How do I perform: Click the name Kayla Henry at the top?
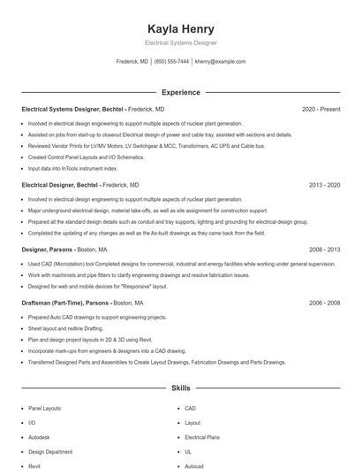pos(180,28)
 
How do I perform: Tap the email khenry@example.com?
pos(220,62)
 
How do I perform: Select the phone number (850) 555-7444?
pos(171,62)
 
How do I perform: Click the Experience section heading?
pos(180,92)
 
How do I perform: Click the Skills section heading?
pos(180,388)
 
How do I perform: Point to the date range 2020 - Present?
pos(321,110)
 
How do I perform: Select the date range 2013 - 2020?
pos(324,186)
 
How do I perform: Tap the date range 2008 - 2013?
pos(324,250)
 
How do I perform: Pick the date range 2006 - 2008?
pos(324,304)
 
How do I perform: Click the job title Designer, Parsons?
pos(48,250)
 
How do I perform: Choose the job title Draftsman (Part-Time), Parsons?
pos(65,304)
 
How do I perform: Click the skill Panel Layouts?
pos(45,409)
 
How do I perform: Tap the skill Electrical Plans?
pos(202,437)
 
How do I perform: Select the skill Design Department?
pos(50,451)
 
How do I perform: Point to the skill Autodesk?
pos(41,437)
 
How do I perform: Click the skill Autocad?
pos(194,465)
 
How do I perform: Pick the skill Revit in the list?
pos(35,465)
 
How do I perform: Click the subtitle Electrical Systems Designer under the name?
pos(180,42)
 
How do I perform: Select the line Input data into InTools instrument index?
pos(73,167)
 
